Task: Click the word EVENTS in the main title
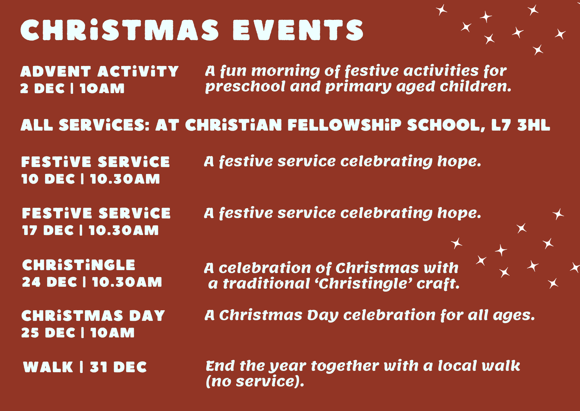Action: pyautogui.click(x=298, y=30)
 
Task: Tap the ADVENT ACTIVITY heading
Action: pyautogui.click(x=99, y=72)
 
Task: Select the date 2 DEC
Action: pyautogui.click(x=42, y=88)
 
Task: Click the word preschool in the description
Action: pyautogui.click(x=245, y=87)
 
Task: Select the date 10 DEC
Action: pyautogui.click(x=48, y=179)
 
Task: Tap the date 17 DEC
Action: pyautogui.click(x=48, y=230)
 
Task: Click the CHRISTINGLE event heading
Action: pyautogui.click(x=79, y=265)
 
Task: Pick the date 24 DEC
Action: pyautogui.click(x=49, y=282)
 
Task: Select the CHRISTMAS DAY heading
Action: pyautogui.click(x=93, y=316)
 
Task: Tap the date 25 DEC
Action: pyautogui.click(x=48, y=333)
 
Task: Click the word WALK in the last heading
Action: pyautogui.click(x=48, y=367)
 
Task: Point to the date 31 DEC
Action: pyautogui.click(x=118, y=367)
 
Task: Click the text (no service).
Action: pyautogui.click(x=255, y=381)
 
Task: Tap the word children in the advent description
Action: pyautogui.click(x=475, y=87)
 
